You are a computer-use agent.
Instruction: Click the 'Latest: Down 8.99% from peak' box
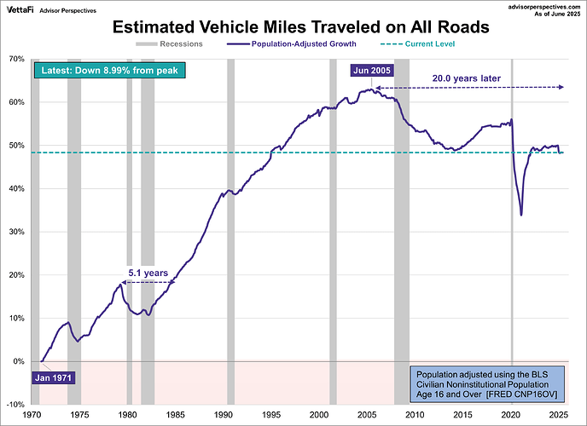point(106,70)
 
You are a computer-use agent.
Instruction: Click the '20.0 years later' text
point(466,78)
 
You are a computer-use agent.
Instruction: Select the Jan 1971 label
point(54,376)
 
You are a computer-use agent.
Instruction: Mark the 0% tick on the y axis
point(17,361)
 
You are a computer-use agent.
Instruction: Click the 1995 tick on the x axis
point(271,415)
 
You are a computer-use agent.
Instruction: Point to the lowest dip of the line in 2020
point(521,216)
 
